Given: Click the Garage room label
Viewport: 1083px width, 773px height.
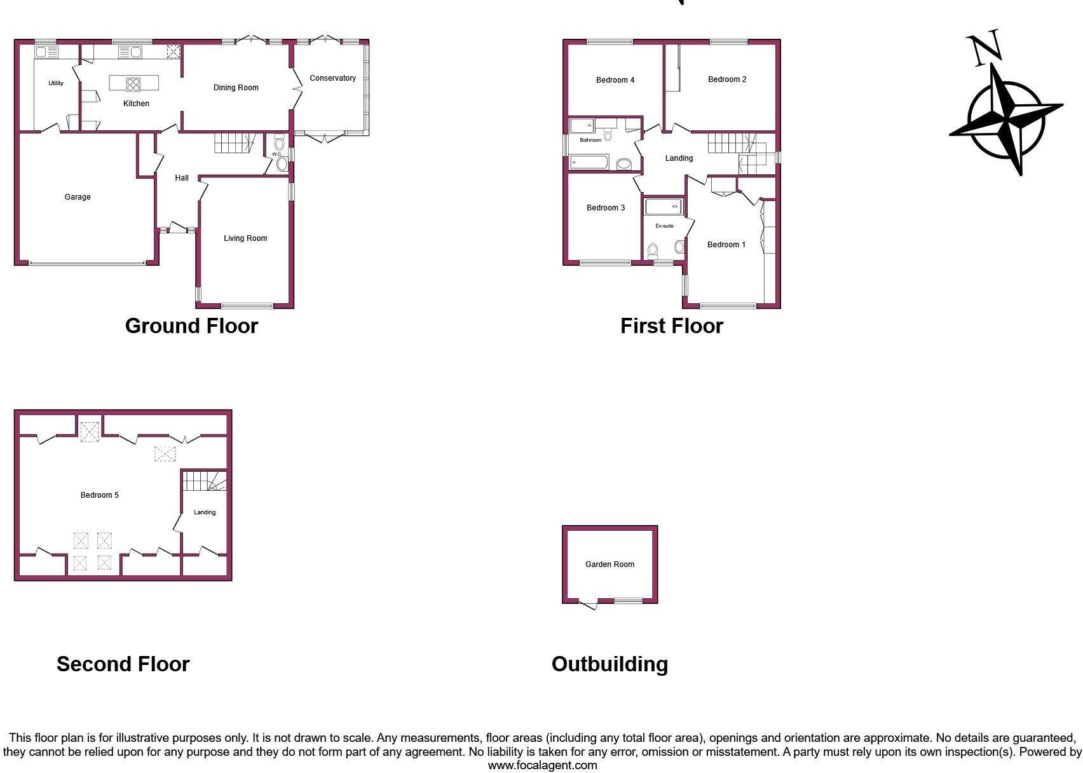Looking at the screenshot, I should (x=78, y=197).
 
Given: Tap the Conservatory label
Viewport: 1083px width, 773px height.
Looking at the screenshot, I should (x=332, y=78).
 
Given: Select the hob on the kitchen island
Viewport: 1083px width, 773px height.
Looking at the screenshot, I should (x=133, y=83).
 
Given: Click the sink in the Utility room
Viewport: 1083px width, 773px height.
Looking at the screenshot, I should (x=46, y=52).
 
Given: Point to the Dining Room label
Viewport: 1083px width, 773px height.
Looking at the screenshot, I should (x=236, y=88).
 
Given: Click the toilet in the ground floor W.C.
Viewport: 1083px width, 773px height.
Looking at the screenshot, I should (x=279, y=144).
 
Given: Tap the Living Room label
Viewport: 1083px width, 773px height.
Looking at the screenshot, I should (x=245, y=238).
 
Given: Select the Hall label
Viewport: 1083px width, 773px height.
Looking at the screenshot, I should (x=182, y=178).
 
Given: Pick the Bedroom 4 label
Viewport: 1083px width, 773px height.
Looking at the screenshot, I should (x=615, y=80).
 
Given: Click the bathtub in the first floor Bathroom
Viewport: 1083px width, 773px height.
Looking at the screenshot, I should (x=589, y=163).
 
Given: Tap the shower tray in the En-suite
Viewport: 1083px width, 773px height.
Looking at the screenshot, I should (x=664, y=207).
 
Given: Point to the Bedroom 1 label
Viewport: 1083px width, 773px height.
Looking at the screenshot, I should (x=726, y=245).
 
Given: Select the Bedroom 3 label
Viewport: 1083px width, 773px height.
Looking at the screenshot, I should (x=605, y=208).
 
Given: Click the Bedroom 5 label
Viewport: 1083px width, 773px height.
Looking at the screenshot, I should (x=100, y=495).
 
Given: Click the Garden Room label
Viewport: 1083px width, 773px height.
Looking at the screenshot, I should (x=610, y=564).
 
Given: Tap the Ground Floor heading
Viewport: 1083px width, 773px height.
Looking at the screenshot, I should (x=191, y=326).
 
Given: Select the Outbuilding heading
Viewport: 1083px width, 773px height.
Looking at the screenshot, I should (x=610, y=664).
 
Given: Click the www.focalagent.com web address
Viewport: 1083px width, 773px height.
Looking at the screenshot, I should (x=542, y=765).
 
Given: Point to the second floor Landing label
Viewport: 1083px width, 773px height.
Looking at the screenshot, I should (x=205, y=512).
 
